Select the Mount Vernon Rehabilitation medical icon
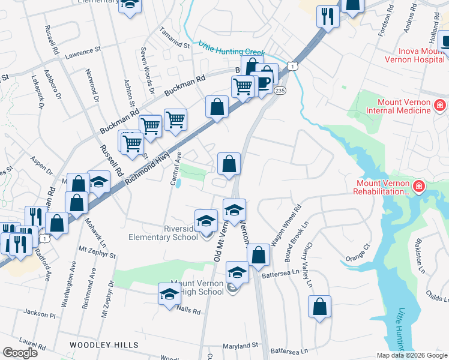pyautogui.click(x=418, y=186)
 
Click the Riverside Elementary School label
pyautogui.click(x=163, y=232)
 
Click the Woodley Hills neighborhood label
pyautogui.click(x=104, y=345)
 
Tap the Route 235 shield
pyautogui.click(x=280, y=90)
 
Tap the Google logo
pyautogui.click(x=20, y=353)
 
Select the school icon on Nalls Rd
pyautogui.click(x=170, y=293)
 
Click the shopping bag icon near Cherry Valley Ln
pyautogui.click(x=320, y=306)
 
